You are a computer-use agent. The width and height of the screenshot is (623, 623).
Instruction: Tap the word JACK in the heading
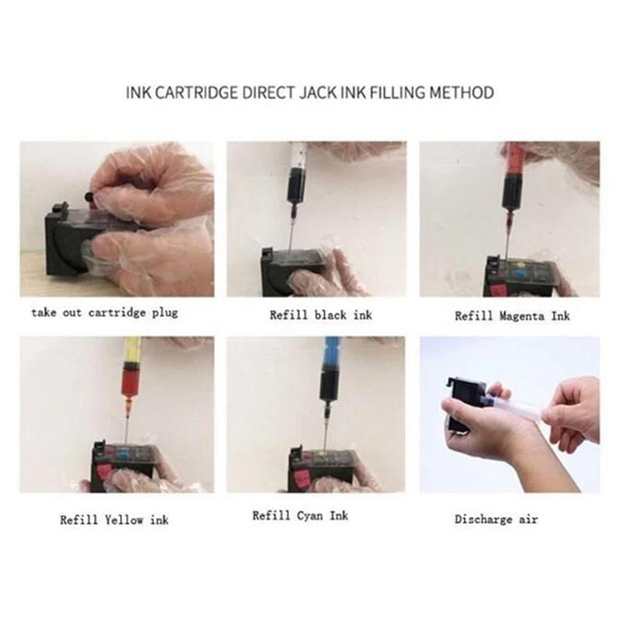pyautogui.click(x=318, y=93)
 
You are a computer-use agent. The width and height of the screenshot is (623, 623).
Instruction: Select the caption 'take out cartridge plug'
pyautogui.click(x=104, y=313)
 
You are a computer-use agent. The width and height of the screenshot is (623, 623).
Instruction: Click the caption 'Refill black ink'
pyautogui.click(x=321, y=315)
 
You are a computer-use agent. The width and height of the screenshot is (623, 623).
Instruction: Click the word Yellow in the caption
pyautogui.click(x=124, y=519)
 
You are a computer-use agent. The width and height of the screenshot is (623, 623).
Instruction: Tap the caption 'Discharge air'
pyautogui.click(x=496, y=519)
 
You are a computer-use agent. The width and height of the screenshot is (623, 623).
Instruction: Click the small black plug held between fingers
pyautogui.click(x=90, y=196)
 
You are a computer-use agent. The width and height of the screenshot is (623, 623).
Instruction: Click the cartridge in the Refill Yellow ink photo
pyautogui.click(x=124, y=466)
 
